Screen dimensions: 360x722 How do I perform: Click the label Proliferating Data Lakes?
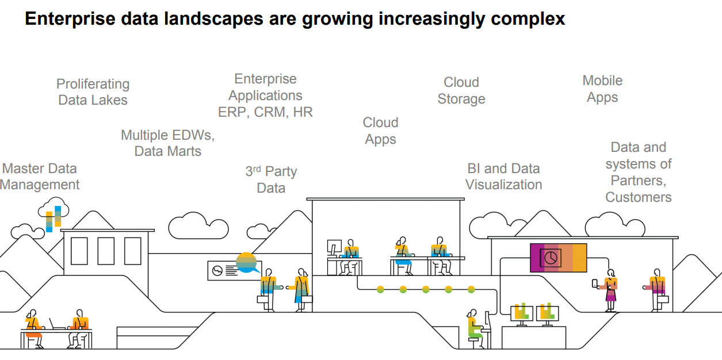[x=93, y=92]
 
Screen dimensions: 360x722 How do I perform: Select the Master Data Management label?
[x=40, y=177]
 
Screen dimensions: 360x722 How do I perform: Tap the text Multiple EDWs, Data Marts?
[x=167, y=143]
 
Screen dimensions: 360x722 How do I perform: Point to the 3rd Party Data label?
[x=271, y=179]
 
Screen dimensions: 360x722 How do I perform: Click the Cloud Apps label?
[x=380, y=131]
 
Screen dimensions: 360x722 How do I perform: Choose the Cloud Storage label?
[x=461, y=91]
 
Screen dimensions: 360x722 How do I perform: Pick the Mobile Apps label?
[x=602, y=89]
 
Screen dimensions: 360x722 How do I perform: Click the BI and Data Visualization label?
[x=503, y=177]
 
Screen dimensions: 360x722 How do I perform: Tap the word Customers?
[x=638, y=197]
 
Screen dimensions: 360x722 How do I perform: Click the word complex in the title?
[x=528, y=19]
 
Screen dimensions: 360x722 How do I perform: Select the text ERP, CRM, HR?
[x=265, y=112]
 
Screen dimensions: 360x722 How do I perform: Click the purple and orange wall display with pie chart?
[x=557, y=258]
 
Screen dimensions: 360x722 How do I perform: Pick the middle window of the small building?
[x=106, y=251]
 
